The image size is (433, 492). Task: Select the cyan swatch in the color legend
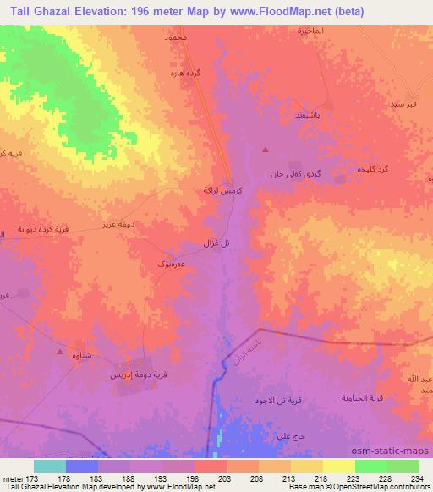(x=49, y=466)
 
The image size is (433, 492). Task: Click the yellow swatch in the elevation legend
(x=338, y=466)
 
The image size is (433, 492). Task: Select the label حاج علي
(x=282, y=435)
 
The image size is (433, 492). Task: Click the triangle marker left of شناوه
(x=58, y=349)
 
